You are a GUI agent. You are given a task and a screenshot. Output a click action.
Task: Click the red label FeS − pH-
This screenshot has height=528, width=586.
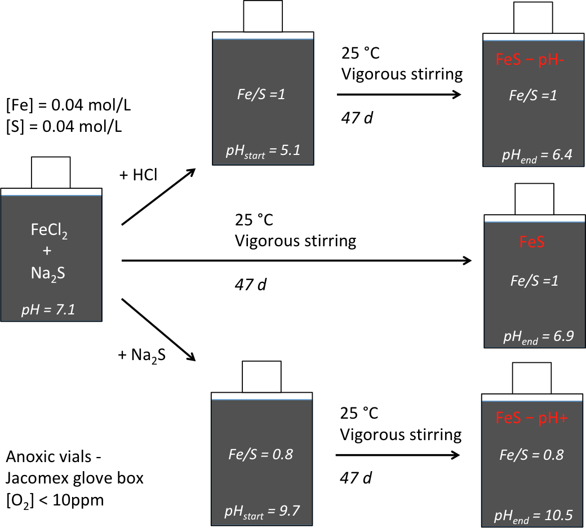[533, 60]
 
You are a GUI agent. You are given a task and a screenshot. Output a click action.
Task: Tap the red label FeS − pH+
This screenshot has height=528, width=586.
[532, 419]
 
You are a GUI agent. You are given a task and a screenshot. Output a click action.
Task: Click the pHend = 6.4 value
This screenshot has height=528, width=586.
[536, 155]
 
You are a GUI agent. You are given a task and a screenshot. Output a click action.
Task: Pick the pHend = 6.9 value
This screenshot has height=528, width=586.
[538, 336]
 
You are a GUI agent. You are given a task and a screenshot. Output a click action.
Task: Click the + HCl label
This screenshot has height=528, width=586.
[139, 175]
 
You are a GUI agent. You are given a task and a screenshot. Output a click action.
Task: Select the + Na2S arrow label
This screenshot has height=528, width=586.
[141, 355]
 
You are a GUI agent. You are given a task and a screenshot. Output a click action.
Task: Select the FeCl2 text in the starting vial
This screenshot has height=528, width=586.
[51, 230]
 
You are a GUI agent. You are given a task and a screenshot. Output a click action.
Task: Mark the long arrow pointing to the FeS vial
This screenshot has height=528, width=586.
[296, 260]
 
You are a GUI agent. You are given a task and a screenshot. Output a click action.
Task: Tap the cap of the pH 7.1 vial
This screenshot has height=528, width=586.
[51, 172]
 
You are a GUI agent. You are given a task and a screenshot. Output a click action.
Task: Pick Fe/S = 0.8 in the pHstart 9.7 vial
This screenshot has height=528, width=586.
[261, 454]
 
